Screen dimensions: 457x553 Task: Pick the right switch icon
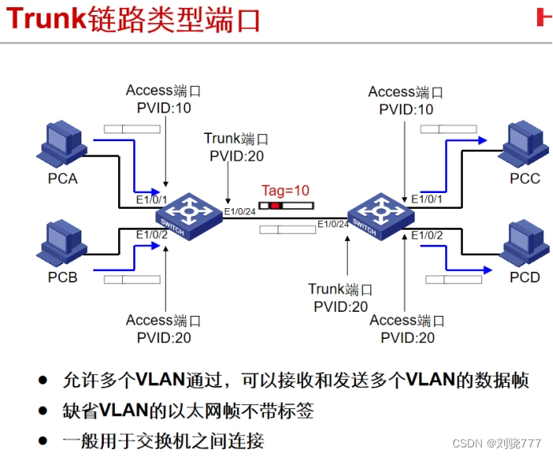380,214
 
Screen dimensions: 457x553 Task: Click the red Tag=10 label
285,191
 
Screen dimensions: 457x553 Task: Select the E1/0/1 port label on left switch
152,199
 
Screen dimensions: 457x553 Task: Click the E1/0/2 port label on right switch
427,234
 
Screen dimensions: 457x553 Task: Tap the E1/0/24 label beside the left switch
240,211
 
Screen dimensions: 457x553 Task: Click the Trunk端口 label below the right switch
340,290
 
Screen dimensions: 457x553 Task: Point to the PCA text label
62,179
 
